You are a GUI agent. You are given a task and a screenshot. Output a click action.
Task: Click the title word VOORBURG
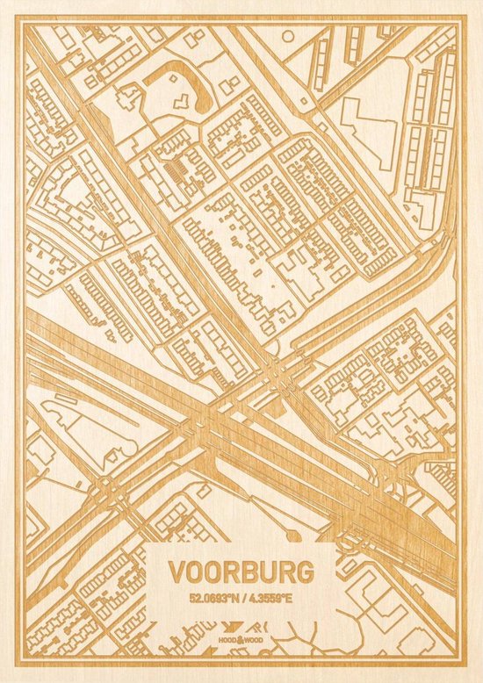[240, 572]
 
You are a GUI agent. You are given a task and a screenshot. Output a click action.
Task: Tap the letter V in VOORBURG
[177, 572]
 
